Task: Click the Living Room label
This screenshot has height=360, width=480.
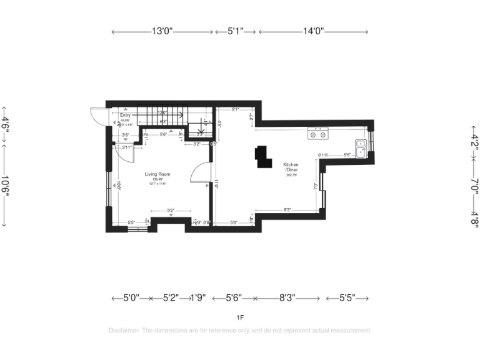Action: (x=157, y=174)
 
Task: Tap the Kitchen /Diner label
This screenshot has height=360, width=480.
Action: (x=291, y=167)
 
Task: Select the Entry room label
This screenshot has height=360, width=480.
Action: (x=126, y=116)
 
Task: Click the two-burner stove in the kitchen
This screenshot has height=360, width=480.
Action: (x=318, y=133)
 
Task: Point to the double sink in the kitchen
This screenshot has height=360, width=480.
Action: (x=362, y=147)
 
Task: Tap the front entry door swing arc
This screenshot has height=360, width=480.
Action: (x=96, y=116)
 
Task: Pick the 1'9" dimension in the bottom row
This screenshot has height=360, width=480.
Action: (x=199, y=299)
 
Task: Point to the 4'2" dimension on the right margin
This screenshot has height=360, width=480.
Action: (x=474, y=141)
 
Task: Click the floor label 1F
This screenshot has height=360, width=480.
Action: (x=241, y=317)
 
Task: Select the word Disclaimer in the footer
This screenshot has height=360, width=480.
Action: (x=123, y=330)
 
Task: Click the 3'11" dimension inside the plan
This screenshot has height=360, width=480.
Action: (x=129, y=147)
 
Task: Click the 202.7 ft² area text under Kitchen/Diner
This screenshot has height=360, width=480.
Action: (x=291, y=176)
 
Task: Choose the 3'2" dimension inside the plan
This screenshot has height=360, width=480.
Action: (x=196, y=144)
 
